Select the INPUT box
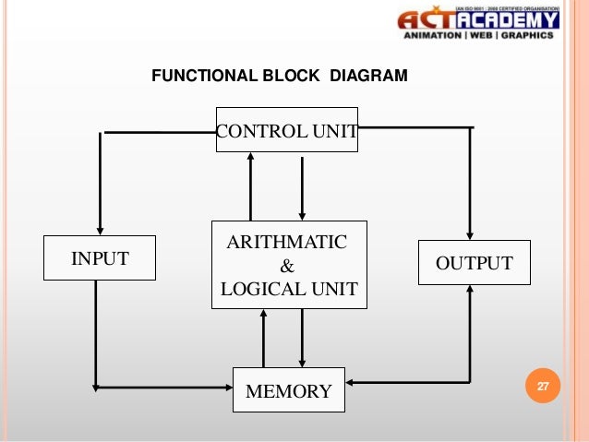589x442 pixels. [x=101, y=258]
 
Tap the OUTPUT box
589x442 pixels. [x=475, y=263]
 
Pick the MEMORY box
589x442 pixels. [x=288, y=390]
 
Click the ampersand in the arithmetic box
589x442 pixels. [x=287, y=266]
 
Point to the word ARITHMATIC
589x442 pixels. [x=287, y=243]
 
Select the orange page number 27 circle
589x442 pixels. [x=542, y=386]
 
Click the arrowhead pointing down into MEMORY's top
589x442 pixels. [x=302, y=361]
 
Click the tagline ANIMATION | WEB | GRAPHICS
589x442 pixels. [x=478, y=37]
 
